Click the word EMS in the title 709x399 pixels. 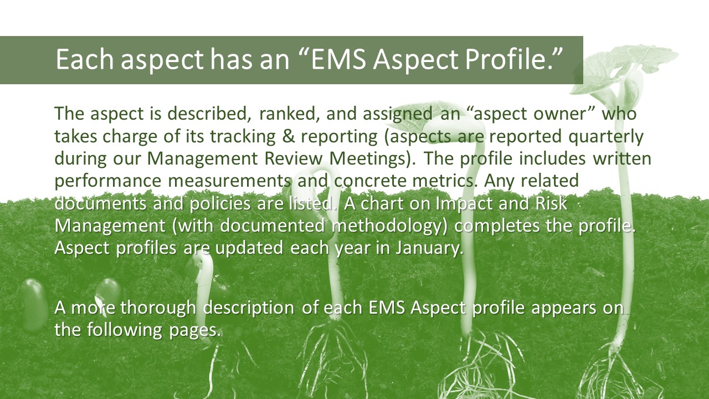pos(338,59)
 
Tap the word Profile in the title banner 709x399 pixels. pos(509,59)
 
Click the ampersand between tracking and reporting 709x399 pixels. pos(288,136)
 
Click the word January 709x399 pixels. pos(429,248)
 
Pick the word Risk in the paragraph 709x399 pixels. pos(551,203)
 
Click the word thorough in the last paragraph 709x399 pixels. pos(158,308)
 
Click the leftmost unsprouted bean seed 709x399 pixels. pos(33,305)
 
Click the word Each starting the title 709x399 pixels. pos(85,59)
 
